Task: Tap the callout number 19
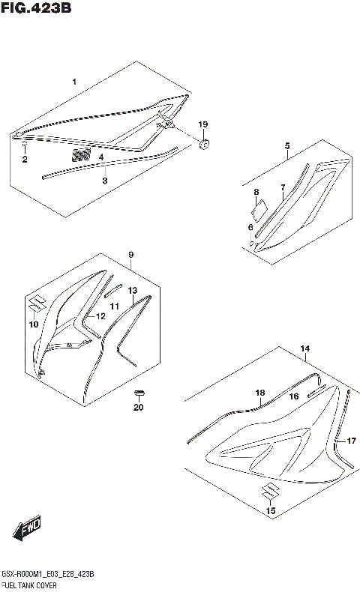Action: pos(202,124)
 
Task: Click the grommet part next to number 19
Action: pos(205,142)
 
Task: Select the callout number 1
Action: pos(73,80)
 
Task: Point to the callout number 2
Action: pos(24,159)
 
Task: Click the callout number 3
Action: pos(105,181)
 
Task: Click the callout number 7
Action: pos(283,187)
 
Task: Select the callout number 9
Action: pos(130,255)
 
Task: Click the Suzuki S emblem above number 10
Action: pos(34,306)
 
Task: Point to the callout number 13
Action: pos(132,290)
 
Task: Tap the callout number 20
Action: pos(137,408)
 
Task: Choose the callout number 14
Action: pos(304,349)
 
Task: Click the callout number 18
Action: pos(260,393)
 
